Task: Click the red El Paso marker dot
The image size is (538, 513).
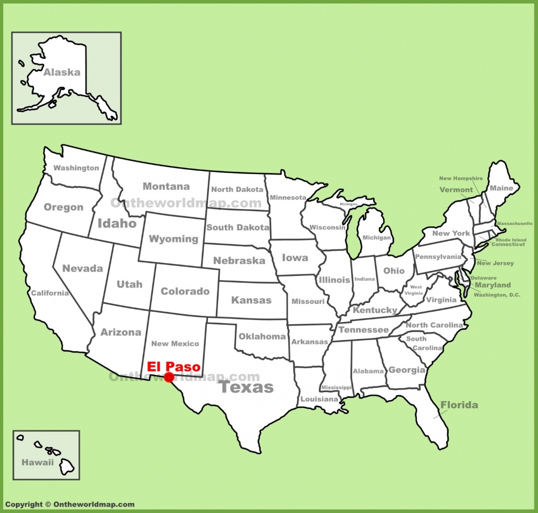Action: tap(169, 377)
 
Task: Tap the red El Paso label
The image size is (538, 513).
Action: tap(173, 366)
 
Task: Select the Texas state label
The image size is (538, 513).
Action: tap(246, 388)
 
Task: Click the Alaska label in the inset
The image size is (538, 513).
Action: tap(61, 73)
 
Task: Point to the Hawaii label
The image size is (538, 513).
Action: tap(37, 463)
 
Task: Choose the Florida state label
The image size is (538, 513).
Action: tap(459, 405)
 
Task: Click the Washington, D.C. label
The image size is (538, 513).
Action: tap(496, 295)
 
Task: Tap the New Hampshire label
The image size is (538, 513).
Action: tap(461, 179)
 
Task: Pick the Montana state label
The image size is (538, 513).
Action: tap(166, 186)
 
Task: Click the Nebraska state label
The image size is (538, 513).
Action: tap(239, 261)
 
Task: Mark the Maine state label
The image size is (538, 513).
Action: tap(501, 188)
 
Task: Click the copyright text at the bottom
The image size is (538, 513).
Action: tap(69, 505)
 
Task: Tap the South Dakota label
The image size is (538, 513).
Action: tap(237, 228)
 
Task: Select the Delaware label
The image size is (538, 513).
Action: tap(483, 278)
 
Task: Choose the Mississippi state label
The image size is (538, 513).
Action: tap(336, 387)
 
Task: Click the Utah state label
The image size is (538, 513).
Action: tap(129, 284)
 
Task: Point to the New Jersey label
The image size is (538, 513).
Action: tap(495, 263)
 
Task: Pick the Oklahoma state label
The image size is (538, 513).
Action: tap(262, 336)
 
